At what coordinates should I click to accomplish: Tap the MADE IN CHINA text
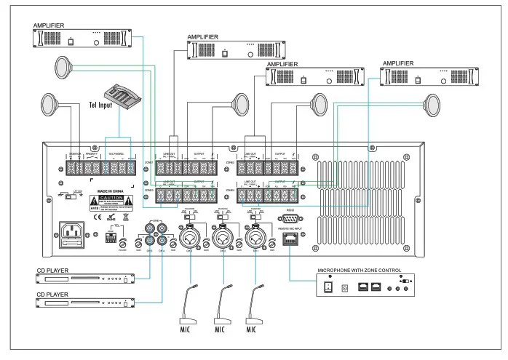pyautogui.click(x=111, y=192)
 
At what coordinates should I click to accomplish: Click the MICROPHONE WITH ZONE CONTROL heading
pyautogui.click(x=359, y=271)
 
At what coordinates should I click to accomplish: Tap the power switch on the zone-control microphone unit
pyautogui.click(x=328, y=287)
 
